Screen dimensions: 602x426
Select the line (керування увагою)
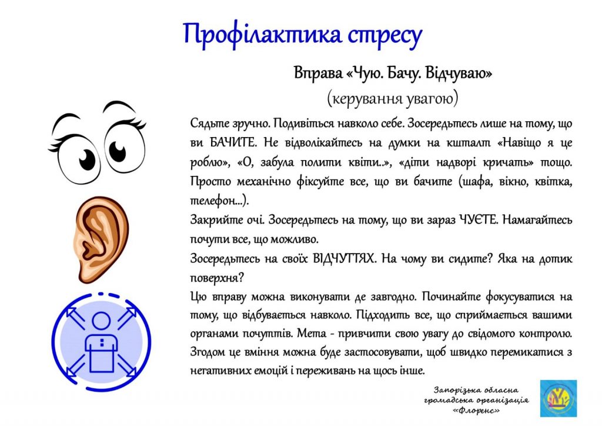pyautogui.click(x=392, y=98)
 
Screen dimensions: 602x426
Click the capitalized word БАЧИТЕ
pyautogui.click(x=233, y=143)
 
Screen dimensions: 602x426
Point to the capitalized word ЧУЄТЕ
pyautogui.click(x=477, y=220)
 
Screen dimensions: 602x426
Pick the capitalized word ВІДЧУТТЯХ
pyautogui.click(x=343, y=258)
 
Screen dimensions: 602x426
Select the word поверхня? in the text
pyautogui.click(x=217, y=278)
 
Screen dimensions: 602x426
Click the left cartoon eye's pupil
pyautogui.click(x=87, y=159)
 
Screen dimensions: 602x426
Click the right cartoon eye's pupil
pyautogui.click(x=118, y=151)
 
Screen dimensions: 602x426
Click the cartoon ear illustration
pyautogui.click(x=100, y=239)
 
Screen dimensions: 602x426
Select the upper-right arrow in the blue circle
pyautogui.click(x=128, y=318)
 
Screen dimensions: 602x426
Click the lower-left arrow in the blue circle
pyautogui.click(x=76, y=365)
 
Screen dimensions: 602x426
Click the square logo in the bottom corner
pyautogui.click(x=558, y=398)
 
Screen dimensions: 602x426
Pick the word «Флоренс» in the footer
pyautogui.click(x=476, y=411)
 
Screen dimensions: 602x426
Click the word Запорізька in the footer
pyautogui.click(x=454, y=391)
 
